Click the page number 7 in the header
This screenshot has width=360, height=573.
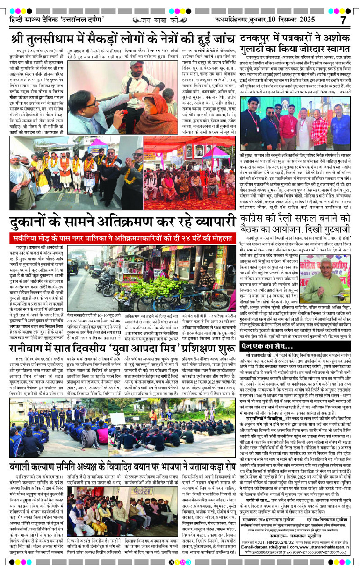point(343,20)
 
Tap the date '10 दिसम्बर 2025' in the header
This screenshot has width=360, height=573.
point(301,21)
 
